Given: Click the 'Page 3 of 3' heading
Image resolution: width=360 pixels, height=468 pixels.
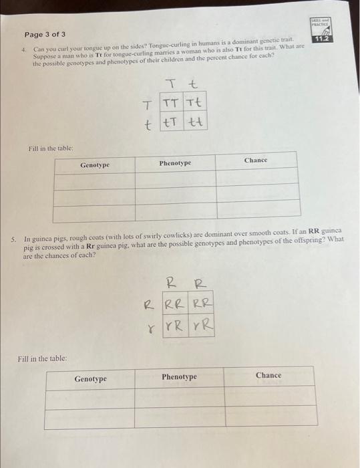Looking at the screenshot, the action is (x=45, y=34).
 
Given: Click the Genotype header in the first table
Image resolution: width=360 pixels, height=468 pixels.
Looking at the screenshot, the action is (x=95, y=164).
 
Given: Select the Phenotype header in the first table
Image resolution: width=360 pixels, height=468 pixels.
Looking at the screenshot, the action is (x=175, y=163).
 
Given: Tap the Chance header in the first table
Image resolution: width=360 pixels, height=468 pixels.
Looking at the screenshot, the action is (x=255, y=160).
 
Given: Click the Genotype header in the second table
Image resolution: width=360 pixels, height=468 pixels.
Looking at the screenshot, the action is (x=90, y=379).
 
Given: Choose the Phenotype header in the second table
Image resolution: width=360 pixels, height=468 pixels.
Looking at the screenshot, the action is (x=179, y=377).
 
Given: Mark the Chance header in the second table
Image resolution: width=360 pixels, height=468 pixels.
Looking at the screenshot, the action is (x=268, y=375).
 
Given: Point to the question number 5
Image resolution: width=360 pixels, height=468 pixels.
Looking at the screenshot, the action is (x=13, y=239).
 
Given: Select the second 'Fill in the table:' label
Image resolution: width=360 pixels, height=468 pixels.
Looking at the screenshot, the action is (x=41, y=358).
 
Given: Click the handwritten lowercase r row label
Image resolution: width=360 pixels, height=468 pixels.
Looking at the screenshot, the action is (x=152, y=329).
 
